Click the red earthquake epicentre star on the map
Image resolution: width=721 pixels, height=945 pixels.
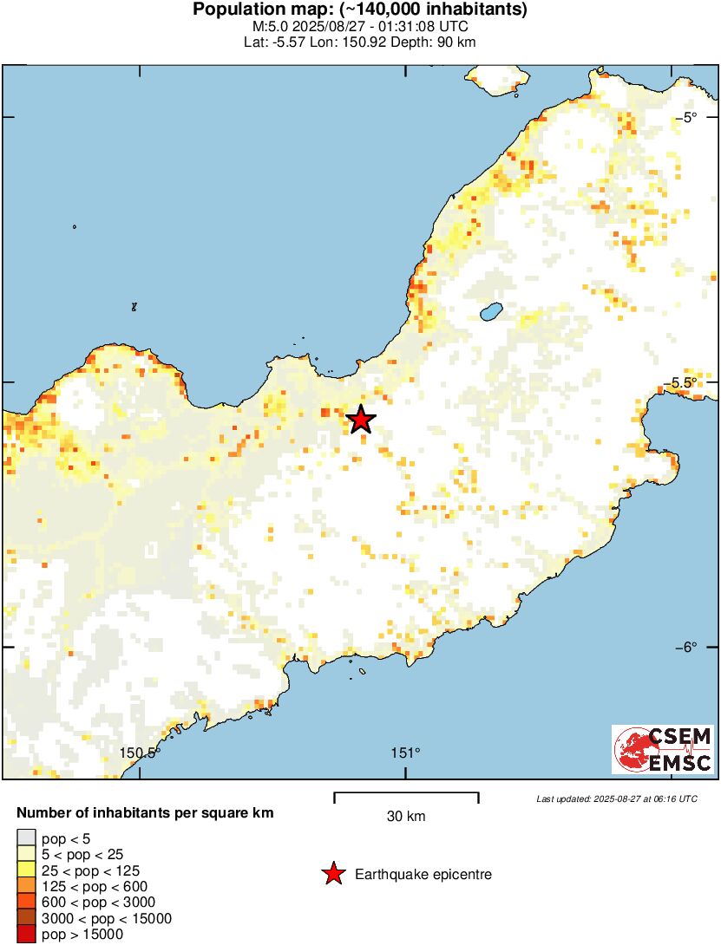(361, 420)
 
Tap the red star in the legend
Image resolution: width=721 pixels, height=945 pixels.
(333, 875)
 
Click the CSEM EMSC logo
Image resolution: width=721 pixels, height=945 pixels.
(663, 750)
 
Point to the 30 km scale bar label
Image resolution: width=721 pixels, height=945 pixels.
(406, 817)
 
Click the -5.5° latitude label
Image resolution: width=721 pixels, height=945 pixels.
(685, 382)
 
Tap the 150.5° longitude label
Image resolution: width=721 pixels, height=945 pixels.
(141, 753)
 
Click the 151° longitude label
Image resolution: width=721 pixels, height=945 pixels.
(405, 753)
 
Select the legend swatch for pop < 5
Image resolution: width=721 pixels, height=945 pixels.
(26, 838)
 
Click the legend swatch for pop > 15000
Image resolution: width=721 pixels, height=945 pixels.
(26, 935)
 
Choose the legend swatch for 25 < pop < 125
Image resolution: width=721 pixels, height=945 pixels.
(26, 870)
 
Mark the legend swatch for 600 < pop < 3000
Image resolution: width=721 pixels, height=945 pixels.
(26, 903)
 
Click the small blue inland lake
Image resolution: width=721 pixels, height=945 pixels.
(491, 310)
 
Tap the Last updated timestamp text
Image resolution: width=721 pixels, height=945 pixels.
(616, 798)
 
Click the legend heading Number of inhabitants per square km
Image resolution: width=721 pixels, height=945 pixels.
(146, 813)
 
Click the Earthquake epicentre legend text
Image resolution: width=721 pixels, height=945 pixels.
(423, 875)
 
